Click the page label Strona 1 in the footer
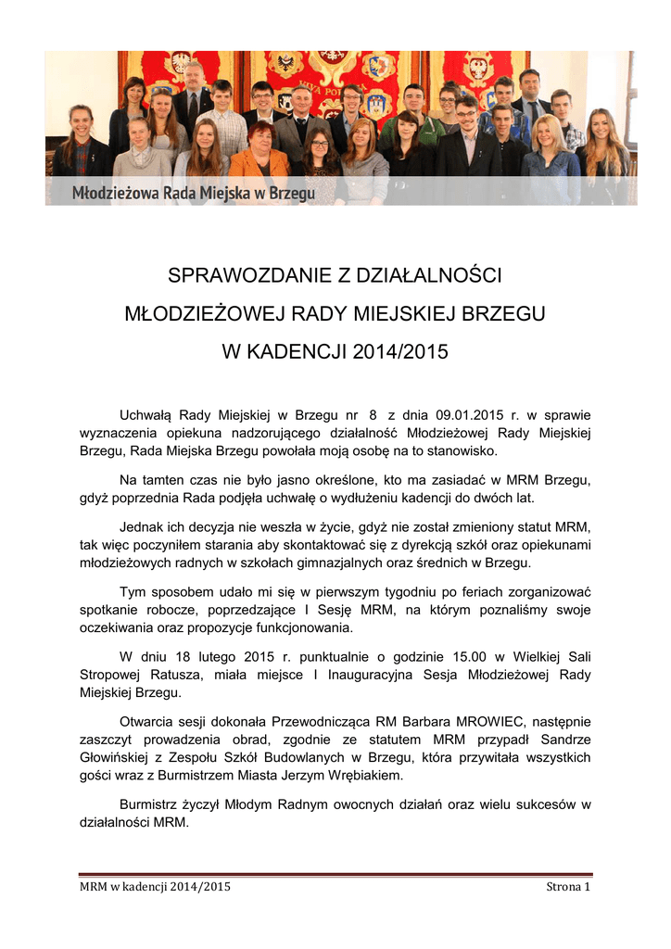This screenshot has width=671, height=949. [x=568, y=887]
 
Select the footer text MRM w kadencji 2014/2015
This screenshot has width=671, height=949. [x=155, y=887]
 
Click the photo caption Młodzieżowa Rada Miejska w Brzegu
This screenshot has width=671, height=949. [x=194, y=193]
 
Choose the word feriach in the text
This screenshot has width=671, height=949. [x=444, y=592]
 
